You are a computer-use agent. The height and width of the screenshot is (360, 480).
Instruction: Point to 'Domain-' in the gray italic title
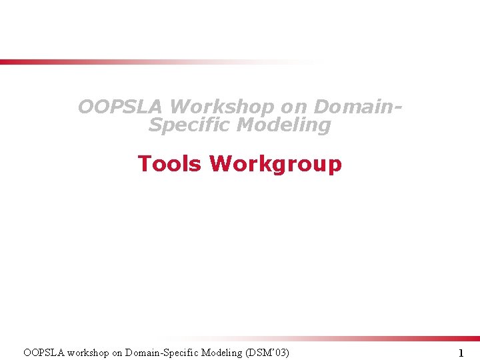click(359, 107)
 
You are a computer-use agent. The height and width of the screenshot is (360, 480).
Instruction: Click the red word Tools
click(169, 163)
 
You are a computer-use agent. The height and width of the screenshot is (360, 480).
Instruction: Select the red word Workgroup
click(275, 163)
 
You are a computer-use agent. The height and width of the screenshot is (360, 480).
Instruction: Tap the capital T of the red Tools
click(143, 163)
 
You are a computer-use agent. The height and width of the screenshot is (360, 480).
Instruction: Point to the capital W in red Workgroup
click(220, 163)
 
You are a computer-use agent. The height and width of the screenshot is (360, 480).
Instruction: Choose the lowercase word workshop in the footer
click(92, 352)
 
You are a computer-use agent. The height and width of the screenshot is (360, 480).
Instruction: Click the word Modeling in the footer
click(223, 352)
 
